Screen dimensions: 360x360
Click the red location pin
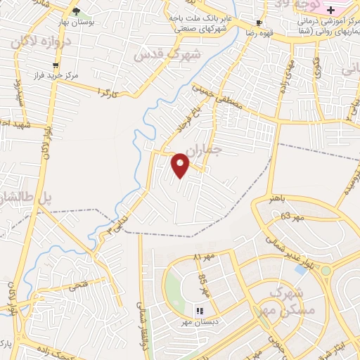(x=181, y=165)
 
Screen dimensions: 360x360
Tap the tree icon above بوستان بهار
(x=76, y=12)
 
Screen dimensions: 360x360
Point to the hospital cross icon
(x=349, y=9)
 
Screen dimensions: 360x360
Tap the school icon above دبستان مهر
(x=199, y=310)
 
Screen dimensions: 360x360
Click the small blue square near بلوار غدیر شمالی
(x=300, y=269)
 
